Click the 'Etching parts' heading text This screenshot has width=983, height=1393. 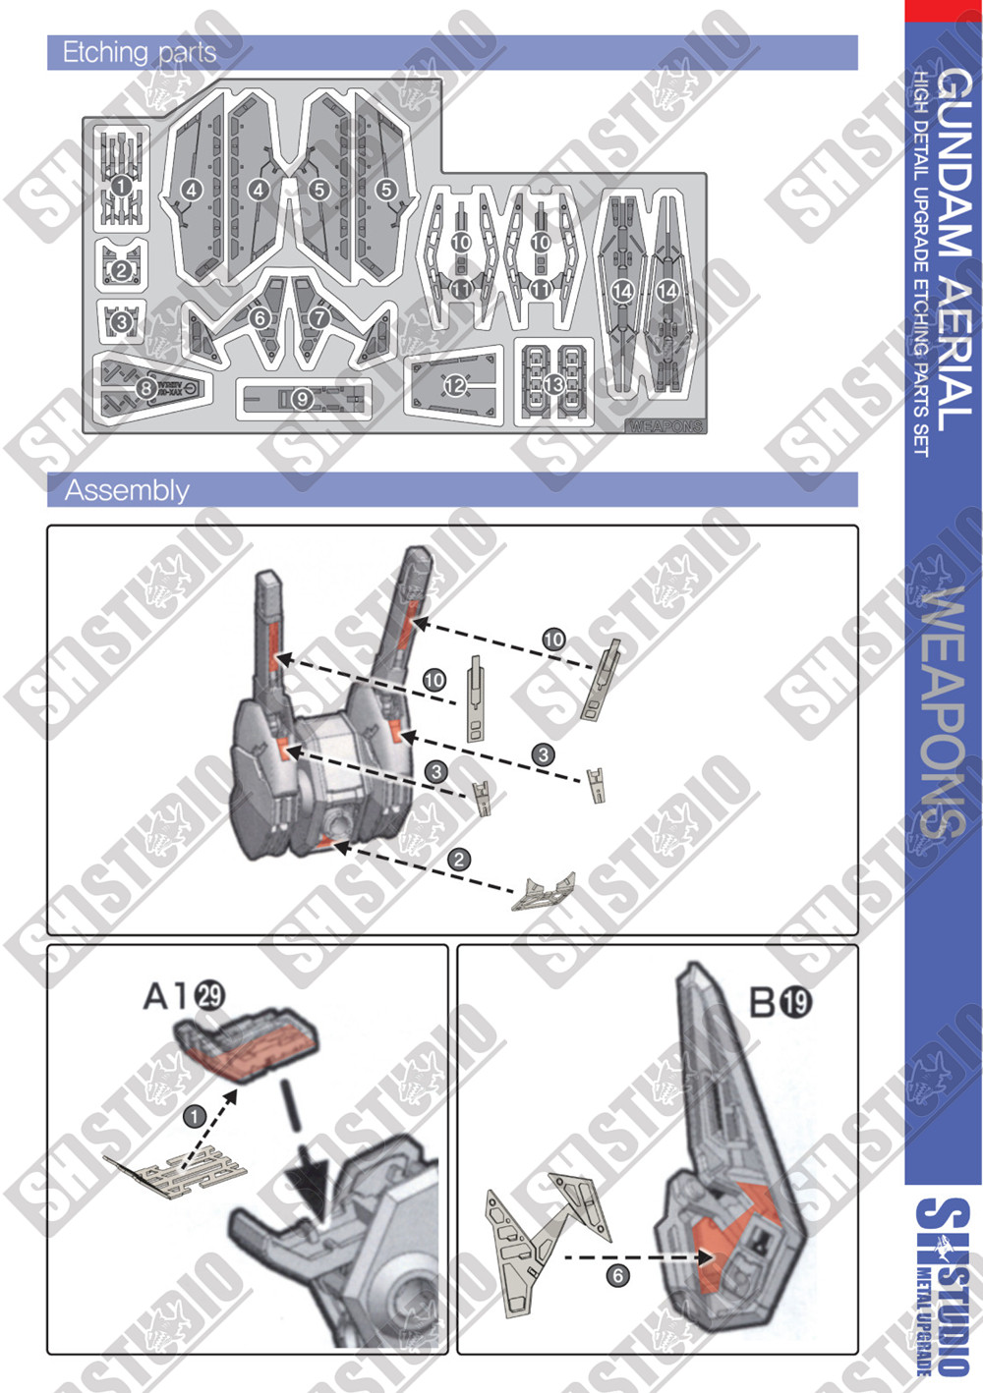pos(139,52)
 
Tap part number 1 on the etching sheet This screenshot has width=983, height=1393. pos(120,186)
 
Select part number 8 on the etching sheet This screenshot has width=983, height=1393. pos(145,388)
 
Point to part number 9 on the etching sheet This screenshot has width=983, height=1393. pos(302,398)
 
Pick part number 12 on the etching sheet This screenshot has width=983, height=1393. pos(454,386)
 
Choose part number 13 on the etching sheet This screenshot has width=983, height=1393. pos(553,384)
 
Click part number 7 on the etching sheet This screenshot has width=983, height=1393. pos(318,318)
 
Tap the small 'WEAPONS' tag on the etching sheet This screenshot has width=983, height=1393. pos(665,426)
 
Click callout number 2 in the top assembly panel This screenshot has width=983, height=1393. pos(459,860)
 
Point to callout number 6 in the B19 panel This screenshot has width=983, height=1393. pos(617,1275)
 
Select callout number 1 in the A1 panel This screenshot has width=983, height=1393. pos(195,1116)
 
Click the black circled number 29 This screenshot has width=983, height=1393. pos(209,995)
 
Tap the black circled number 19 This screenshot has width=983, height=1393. pos(796,1002)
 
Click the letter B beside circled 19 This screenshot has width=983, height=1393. pos(764,1002)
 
